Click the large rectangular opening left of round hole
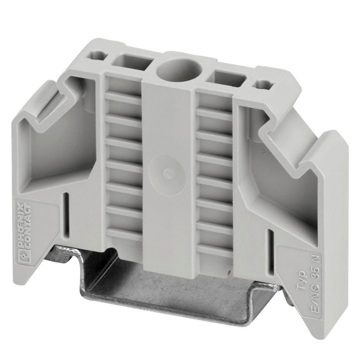coord(132,62)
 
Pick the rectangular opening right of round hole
coord(227,79)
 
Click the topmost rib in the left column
coord(123,98)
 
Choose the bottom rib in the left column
coord(124,234)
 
